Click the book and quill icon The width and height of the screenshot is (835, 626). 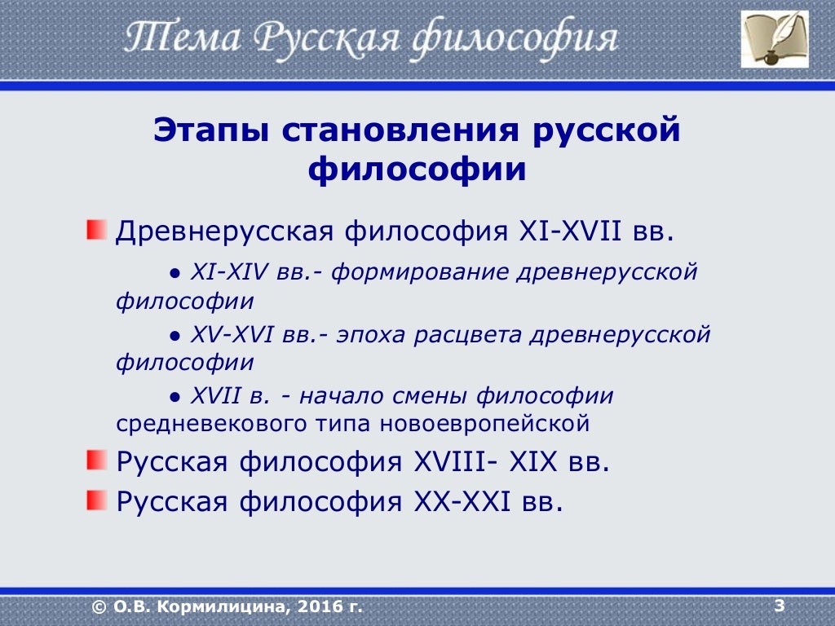click(x=775, y=38)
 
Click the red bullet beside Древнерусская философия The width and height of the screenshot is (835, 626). click(x=97, y=229)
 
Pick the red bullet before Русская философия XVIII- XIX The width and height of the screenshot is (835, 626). click(x=97, y=461)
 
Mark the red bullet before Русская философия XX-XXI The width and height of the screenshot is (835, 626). click(x=97, y=498)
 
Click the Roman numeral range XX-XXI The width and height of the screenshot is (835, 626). click(x=461, y=500)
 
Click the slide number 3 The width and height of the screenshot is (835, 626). click(x=780, y=605)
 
